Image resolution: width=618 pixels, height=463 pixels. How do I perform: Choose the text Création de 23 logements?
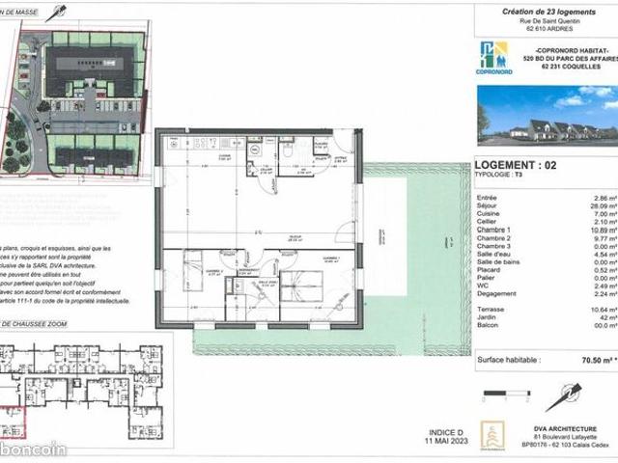click(x=547, y=10)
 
